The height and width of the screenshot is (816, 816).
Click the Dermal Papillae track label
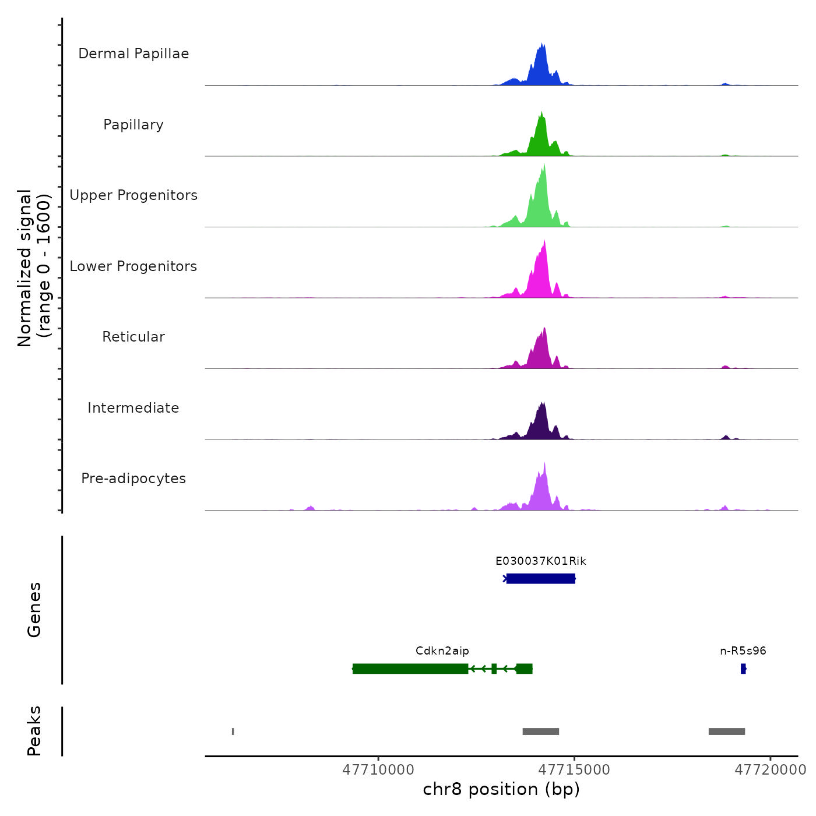[x=133, y=54]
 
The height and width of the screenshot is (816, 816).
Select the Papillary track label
[x=133, y=125]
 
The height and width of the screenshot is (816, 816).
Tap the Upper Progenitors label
[x=133, y=195]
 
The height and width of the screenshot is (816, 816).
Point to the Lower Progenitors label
[x=133, y=266]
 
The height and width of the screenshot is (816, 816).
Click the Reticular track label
[x=133, y=337]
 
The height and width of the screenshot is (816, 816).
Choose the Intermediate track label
[x=133, y=408]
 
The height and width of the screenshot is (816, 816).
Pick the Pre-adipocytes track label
[x=133, y=479]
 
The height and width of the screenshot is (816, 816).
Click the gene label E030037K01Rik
[x=540, y=561]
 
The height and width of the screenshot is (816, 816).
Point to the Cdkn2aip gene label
[x=442, y=651]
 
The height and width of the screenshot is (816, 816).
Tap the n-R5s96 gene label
[x=743, y=651]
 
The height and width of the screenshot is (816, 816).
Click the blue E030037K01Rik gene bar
[x=540, y=578]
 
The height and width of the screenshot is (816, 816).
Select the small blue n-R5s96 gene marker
[x=743, y=669]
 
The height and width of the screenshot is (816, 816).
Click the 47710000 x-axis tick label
[x=378, y=770]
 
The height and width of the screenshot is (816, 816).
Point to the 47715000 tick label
[x=574, y=770]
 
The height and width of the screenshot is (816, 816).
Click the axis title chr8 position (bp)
[x=501, y=789]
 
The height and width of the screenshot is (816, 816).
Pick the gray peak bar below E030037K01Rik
[x=540, y=731]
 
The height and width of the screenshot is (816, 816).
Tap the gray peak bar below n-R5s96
[x=726, y=731]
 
